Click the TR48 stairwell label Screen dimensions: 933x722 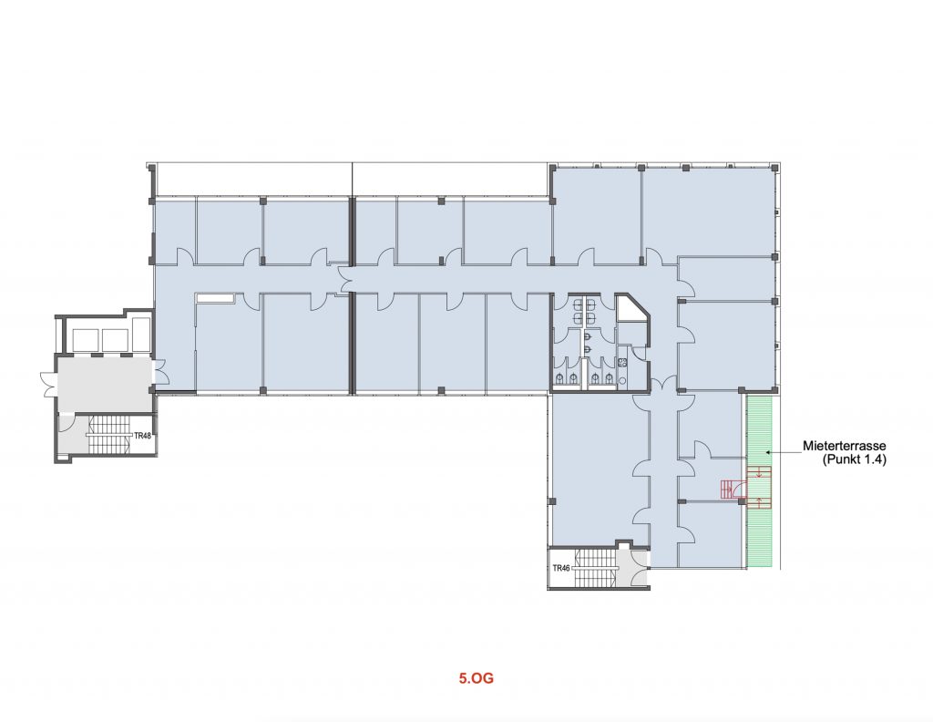coord(141,436)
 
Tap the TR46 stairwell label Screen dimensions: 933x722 coord(561,568)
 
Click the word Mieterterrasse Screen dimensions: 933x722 coord(845,446)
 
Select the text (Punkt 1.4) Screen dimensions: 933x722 coord(855,459)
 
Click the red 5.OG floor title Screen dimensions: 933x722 coord(476,678)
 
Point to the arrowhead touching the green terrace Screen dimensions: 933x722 coord(769,452)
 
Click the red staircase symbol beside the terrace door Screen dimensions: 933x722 coord(728,490)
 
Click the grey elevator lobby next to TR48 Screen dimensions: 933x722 coord(104,383)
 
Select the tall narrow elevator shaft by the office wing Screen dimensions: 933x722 coord(141,335)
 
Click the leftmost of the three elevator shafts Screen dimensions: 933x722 coord(85,340)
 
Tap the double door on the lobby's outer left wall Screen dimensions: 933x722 coord(47,384)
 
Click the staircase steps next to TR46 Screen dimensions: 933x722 coord(595,568)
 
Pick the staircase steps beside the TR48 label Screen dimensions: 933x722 coord(109,435)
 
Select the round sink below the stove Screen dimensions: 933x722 coord(623,380)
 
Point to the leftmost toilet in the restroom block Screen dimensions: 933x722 coord(560,378)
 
